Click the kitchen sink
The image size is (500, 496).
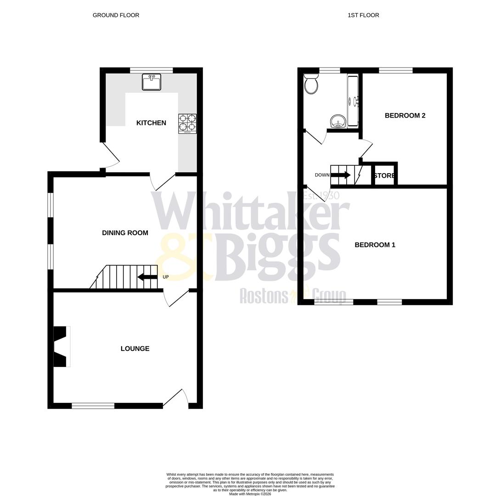pyautogui.click(x=152, y=82)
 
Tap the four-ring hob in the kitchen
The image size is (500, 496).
pyautogui.click(x=187, y=124)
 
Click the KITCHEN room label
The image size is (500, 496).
pyautogui.click(x=151, y=123)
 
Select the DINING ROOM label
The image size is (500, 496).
pyautogui.click(x=125, y=233)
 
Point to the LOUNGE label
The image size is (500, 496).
pyautogui.click(x=135, y=349)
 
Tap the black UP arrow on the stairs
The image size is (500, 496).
pyautogui.click(x=147, y=277)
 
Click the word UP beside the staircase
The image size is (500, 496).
pyautogui.click(x=166, y=277)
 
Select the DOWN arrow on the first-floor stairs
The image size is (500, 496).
pyautogui.click(x=340, y=175)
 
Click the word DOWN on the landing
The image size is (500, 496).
pyautogui.click(x=322, y=175)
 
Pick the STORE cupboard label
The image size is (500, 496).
pyautogui.click(x=385, y=176)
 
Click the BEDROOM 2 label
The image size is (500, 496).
pyautogui.click(x=405, y=115)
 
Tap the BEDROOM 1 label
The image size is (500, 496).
pyautogui.click(x=375, y=245)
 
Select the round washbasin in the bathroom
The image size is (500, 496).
pyautogui.click(x=338, y=122)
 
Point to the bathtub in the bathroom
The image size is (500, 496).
pyautogui.click(x=353, y=101)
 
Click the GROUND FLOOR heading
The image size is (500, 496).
pyautogui.click(x=116, y=15)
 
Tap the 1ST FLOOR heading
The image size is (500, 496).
pyautogui.click(x=363, y=15)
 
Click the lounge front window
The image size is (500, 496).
pyautogui.click(x=93, y=406)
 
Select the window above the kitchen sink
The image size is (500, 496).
pyautogui.click(x=152, y=70)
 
